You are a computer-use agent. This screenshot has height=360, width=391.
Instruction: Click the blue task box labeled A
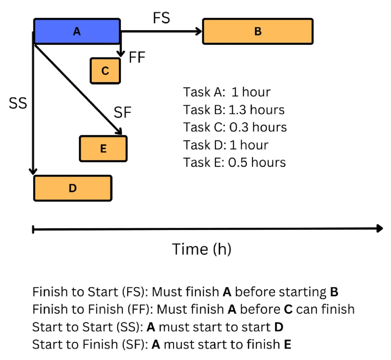pyautogui.click(x=77, y=32)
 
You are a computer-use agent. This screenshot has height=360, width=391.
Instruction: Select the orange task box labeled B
pyautogui.click(x=258, y=32)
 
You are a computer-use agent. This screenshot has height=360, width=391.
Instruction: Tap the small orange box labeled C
pyautogui.click(x=105, y=71)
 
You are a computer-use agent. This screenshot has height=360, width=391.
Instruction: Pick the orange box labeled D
pyautogui.click(x=73, y=188)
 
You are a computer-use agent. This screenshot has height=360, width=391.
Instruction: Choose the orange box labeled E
pyautogui.click(x=103, y=149)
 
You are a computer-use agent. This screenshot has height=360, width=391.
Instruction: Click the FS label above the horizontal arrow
pyautogui.click(x=161, y=18)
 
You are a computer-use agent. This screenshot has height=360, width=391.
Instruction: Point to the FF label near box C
pyautogui.click(x=137, y=58)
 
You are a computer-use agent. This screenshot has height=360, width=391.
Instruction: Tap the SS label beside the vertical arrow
pyautogui.click(x=18, y=103)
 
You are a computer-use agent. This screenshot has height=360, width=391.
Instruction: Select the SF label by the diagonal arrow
pyautogui.click(x=123, y=112)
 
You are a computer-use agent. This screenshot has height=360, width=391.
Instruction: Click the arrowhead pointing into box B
pyautogui.click(x=199, y=32)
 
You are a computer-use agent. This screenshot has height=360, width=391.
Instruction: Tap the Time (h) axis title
pyautogui.click(x=202, y=249)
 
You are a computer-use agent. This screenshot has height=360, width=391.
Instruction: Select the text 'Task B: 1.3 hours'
pyautogui.click(x=234, y=110)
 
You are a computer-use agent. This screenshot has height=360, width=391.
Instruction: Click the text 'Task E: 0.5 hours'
pyautogui.click(x=234, y=162)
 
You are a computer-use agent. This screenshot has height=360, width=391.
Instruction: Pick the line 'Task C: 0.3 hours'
pyautogui.click(x=234, y=127)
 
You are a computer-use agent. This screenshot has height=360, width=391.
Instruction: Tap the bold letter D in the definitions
pyautogui.click(x=279, y=327)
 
